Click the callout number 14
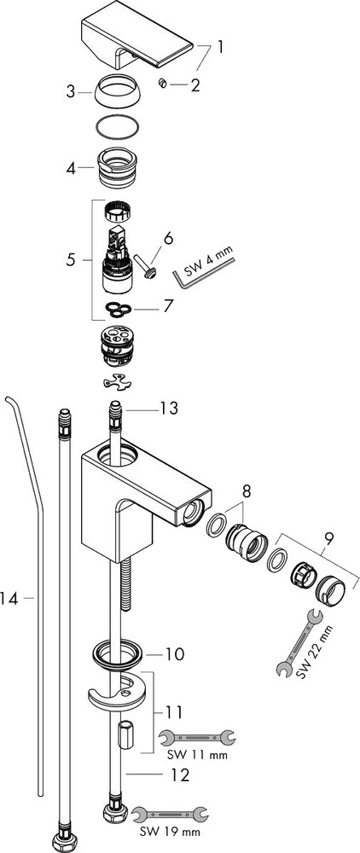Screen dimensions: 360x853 pyautogui.click(x=9, y=599)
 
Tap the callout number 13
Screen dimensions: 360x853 pyautogui.click(x=169, y=408)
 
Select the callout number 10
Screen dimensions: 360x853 pyautogui.click(x=175, y=653)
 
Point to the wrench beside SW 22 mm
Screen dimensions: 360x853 pyautogui.click(x=299, y=643)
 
